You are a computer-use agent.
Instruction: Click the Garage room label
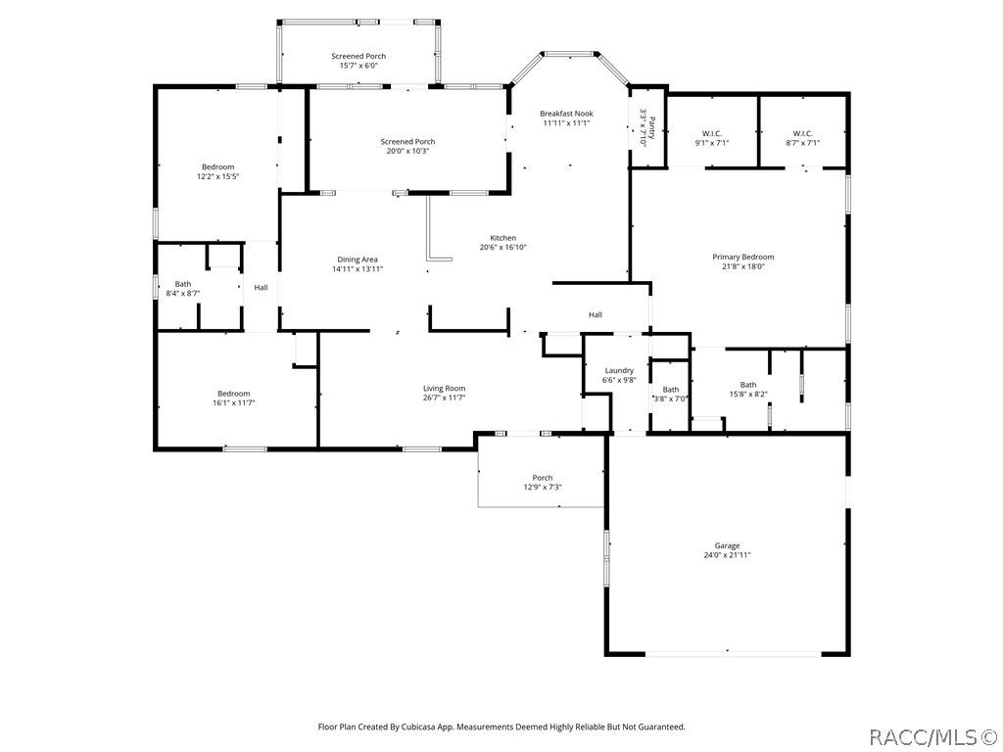tap(727, 545)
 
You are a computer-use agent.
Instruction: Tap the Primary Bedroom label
tap(743, 258)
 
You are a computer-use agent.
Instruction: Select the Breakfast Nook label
tap(566, 114)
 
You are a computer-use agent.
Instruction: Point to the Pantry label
tap(651, 128)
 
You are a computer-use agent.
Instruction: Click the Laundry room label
tap(619, 370)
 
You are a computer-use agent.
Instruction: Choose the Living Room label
tap(444, 388)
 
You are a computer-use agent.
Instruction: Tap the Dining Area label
tap(357, 259)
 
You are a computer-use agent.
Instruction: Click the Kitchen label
tap(502, 238)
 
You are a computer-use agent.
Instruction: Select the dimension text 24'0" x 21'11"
tap(727, 555)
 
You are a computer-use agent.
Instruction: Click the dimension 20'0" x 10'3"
tap(407, 151)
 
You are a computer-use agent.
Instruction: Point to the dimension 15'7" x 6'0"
tap(358, 66)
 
